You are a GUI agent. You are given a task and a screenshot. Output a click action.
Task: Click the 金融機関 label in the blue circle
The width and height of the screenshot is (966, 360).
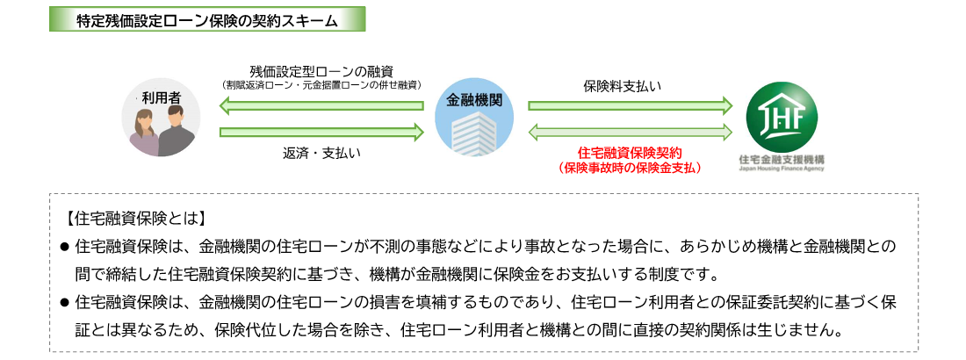474,99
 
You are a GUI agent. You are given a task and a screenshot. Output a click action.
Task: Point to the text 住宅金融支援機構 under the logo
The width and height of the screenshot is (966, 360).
782,159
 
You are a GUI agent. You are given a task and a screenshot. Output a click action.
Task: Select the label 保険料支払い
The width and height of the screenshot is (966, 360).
622,86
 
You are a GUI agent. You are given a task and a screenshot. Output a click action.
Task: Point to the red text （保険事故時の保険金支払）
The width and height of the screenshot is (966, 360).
630,166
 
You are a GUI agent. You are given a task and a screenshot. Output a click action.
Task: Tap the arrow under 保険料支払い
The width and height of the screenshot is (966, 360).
630,105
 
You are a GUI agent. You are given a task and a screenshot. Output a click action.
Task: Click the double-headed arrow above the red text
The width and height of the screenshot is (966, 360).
630,132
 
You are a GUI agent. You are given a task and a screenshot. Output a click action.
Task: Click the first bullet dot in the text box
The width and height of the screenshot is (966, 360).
65,245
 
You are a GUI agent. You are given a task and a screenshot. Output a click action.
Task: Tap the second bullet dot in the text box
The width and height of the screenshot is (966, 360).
65,302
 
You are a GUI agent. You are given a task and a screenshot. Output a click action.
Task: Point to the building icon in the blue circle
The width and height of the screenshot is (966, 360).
474,133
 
